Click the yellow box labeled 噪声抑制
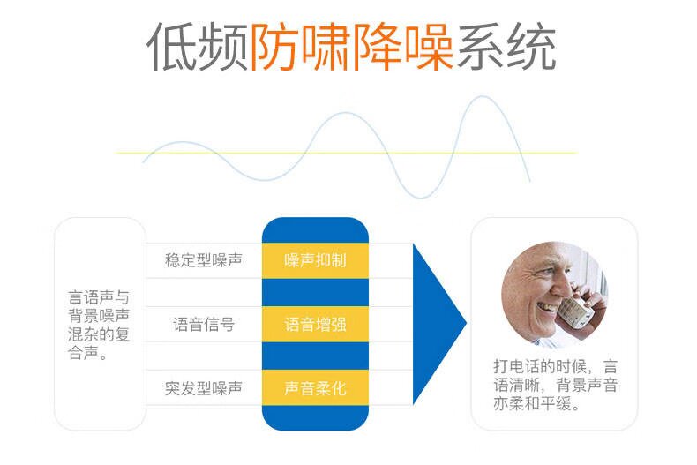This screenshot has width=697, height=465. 315,260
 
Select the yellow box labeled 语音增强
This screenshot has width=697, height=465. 315,324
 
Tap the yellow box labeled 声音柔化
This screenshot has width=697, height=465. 315,387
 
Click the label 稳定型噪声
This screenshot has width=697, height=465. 204,260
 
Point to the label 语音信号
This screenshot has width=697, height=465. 204,324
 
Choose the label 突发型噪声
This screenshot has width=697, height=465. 204,388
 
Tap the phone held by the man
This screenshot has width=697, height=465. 575,311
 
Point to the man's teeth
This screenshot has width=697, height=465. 547,307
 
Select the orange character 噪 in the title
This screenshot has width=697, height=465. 429,46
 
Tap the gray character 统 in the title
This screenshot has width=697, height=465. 532,46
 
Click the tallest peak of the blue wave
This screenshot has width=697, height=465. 482,96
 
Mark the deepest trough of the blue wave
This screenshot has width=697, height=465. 420,197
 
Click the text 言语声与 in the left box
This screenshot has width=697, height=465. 99,297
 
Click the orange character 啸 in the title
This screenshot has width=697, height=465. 326,46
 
